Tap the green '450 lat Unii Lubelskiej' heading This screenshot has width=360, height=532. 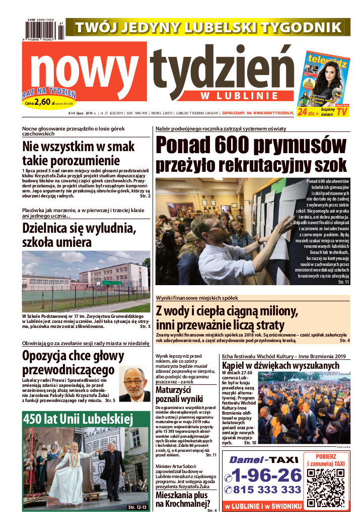tap(77, 419)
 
